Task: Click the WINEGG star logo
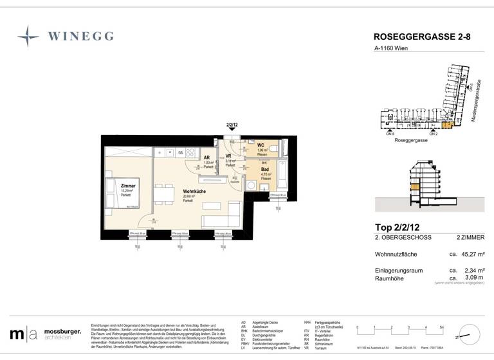(x=28, y=36)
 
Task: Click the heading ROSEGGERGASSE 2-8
(x=421, y=37)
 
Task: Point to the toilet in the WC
(x=273, y=150)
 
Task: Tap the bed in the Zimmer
(x=122, y=194)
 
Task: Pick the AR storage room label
(x=207, y=157)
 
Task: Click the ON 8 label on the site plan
(x=390, y=134)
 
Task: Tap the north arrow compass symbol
(x=470, y=334)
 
